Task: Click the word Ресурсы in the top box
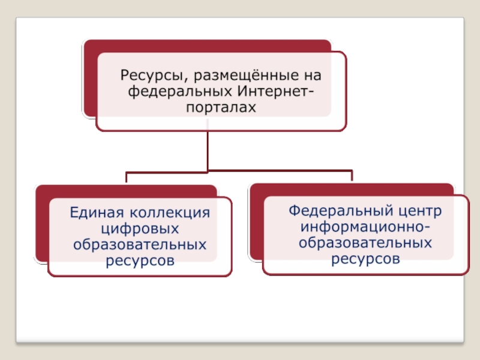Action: click(x=148, y=76)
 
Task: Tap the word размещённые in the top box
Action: click(x=239, y=76)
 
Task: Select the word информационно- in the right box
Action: click(x=365, y=227)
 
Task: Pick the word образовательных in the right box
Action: click(x=365, y=243)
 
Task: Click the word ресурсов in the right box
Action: click(x=365, y=259)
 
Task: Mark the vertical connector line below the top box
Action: click(x=208, y=150)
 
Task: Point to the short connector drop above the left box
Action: click(x=127, y=178)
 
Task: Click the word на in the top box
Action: click(x=313, y=76)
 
